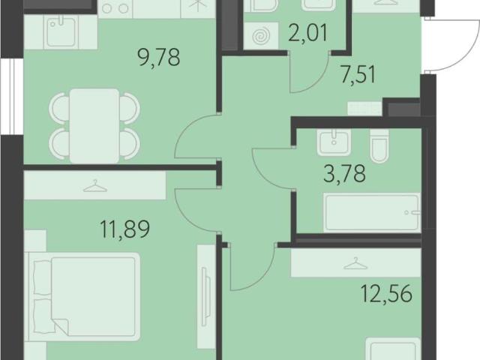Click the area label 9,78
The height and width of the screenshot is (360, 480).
tap(159, 57)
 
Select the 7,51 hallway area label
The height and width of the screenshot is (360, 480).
tap(358, 74)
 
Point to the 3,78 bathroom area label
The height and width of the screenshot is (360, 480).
tap(344, 173)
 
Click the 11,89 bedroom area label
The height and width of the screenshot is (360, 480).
tap(125, 229)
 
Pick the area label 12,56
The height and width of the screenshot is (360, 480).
tap(386, 293)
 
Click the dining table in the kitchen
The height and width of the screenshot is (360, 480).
tap(94, 126)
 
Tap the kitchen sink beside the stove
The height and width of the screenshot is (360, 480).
tap(61, 31)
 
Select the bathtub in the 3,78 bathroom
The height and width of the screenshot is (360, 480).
tap(372, 212)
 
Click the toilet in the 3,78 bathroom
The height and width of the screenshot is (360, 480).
tap(379, 145)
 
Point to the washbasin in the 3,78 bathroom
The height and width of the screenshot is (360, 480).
tap(334, 142)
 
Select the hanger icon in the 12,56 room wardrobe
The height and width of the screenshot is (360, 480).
tap(355, 263)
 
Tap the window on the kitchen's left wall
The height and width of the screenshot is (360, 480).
tap(12, 97)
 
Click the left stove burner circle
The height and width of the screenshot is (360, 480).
tap(106, 8)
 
